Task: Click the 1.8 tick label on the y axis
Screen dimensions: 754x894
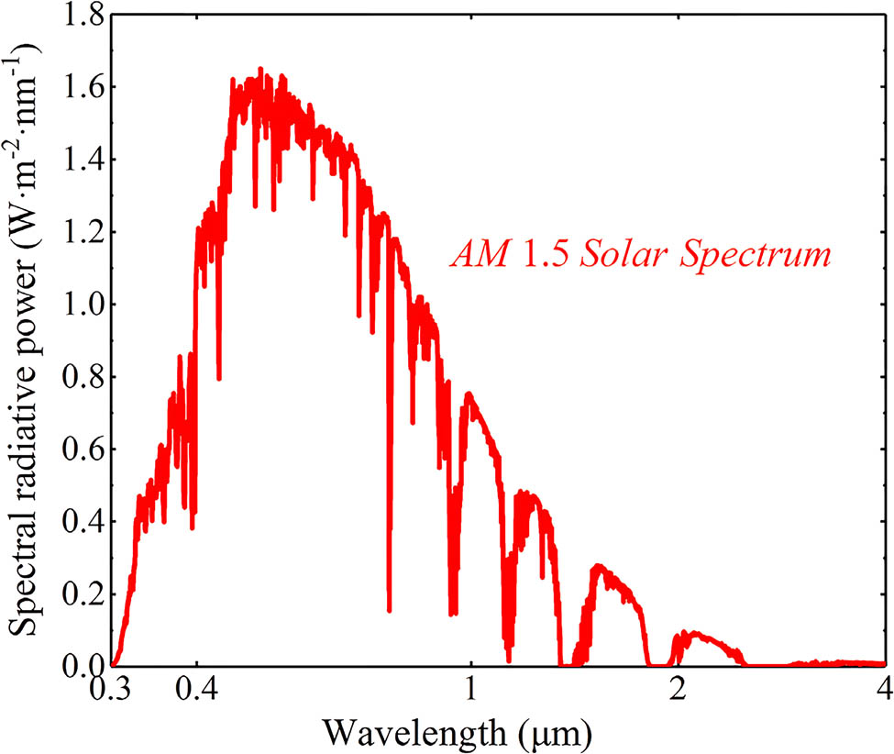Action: (83, 16)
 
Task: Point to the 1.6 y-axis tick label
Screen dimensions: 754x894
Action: (83, 88)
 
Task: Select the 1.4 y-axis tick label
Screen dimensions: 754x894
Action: (83, 161)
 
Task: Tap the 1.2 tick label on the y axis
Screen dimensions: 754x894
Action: (83, 233)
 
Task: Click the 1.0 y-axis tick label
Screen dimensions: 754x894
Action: (83, 305)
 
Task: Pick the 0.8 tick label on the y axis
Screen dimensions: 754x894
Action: (83, 378)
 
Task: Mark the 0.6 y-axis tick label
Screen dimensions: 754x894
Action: (83, 450)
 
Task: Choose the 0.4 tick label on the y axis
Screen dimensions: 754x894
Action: (83, 523)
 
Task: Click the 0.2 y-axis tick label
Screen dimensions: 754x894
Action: (83, 595)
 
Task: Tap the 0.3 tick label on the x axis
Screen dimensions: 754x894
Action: (113, 689)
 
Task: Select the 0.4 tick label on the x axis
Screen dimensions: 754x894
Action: (194, 689)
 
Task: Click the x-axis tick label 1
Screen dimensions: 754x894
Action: (470, 689)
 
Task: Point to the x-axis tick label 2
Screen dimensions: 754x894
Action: (678, 689)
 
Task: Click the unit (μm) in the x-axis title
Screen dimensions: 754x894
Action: (561, 730)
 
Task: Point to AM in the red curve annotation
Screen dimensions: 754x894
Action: (478, 252)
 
